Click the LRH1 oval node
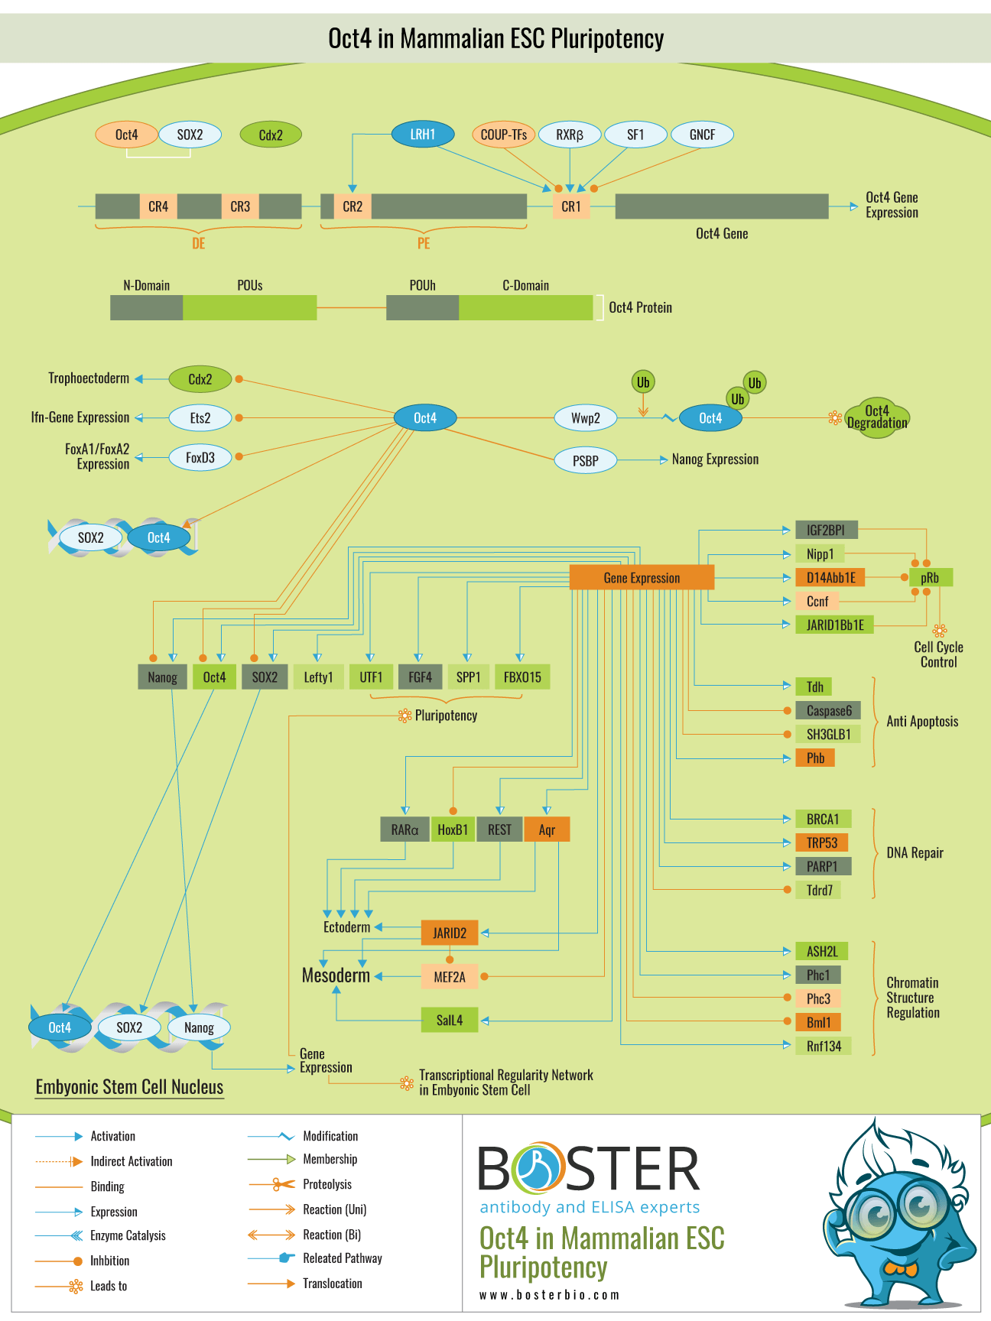click(423, 135)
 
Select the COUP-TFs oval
click(504, 135)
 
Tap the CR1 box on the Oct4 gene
click(571, 206)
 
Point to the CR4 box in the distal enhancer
click(158, 206)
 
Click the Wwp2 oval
click(586, 418)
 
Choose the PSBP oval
click(586, 461)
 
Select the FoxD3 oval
click(200, 458)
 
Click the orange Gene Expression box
click(642, 578)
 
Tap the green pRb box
click(931, 578)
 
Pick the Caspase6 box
click(829, 711)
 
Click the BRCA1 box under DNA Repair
click(823, 820)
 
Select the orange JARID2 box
click(450, 933)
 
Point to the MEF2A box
click(450, 977)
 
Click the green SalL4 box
click(450, 1021)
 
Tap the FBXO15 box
click(522, 677)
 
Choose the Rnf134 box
click(824, 1046)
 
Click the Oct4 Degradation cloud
click(877, 417)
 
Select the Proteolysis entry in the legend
click(327, 1184)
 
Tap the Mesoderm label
click(336, 975)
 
